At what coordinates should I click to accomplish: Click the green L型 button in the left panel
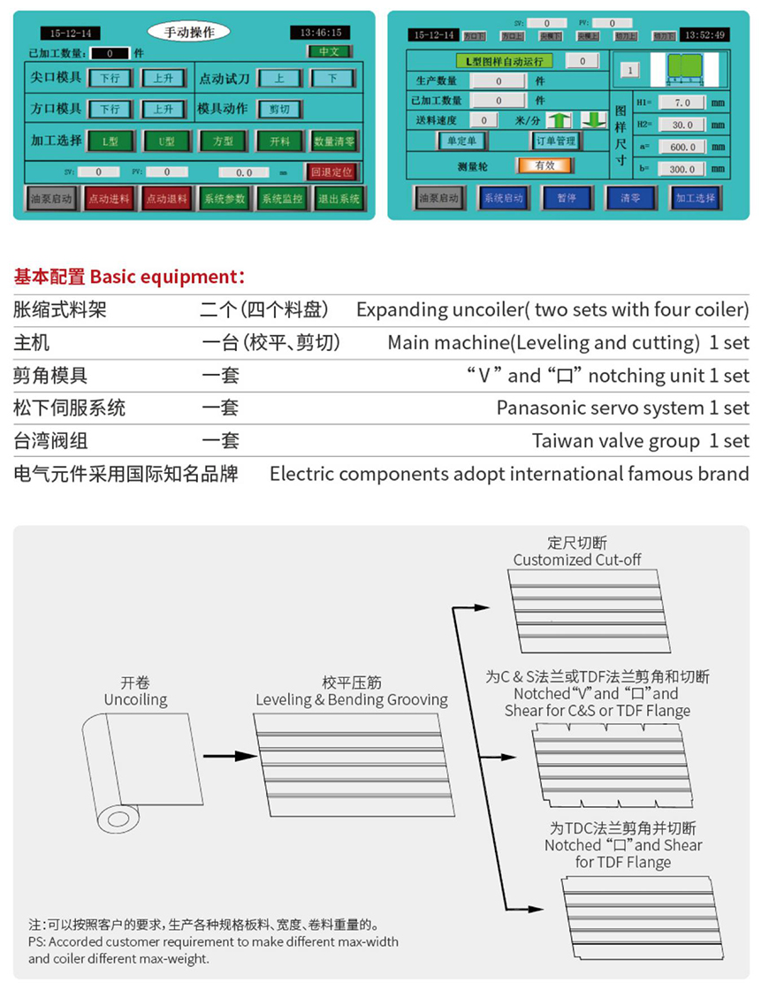(x=110, y=141)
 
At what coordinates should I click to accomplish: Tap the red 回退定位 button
(x=331, y=172)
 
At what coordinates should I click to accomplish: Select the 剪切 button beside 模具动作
(x=279, y=109)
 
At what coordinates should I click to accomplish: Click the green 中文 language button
(x=330, y=52)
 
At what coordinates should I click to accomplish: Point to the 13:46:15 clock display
(x=320, y=33)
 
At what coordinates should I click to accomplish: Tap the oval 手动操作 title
(x=189, y=32)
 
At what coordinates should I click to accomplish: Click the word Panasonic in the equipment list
(x=539, y=408)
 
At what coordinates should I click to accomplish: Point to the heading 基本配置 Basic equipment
(x=129, y=277)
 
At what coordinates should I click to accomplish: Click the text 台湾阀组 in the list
(x=51, y=441)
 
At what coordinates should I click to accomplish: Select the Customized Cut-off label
(x=577, y=560)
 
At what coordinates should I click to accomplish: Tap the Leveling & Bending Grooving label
(x=352, y=699)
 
